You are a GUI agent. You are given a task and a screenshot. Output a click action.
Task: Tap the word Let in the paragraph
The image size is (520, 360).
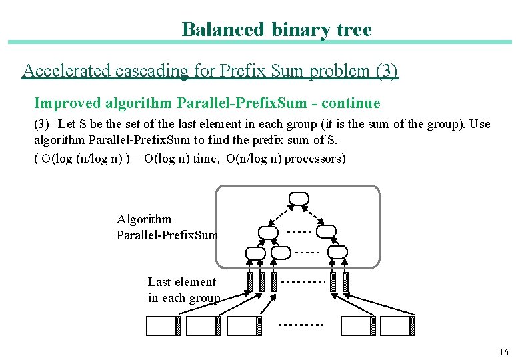(67, 124)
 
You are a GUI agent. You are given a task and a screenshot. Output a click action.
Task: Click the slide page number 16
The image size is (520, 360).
(503, 352)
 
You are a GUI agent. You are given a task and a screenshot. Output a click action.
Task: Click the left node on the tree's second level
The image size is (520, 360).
(268, 232)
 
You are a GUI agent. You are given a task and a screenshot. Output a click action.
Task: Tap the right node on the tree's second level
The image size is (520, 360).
(326, 231)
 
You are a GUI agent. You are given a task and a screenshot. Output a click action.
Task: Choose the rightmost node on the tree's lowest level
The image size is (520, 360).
(339, 252)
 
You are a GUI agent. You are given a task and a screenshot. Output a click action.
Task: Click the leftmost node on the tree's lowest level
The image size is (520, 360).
(255, 253)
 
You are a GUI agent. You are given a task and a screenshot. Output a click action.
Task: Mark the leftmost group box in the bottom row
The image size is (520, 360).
(163, 325)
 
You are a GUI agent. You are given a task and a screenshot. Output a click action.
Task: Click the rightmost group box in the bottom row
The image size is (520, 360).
(397, 325)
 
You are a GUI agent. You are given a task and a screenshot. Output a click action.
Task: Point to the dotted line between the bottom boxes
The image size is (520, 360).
(300, 325)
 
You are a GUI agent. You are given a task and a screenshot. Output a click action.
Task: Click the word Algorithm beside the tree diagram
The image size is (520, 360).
(144, 219)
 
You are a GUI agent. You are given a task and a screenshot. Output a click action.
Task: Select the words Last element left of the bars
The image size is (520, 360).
(181, 282)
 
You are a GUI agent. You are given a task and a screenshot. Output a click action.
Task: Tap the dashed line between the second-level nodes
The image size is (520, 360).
(299, 233)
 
